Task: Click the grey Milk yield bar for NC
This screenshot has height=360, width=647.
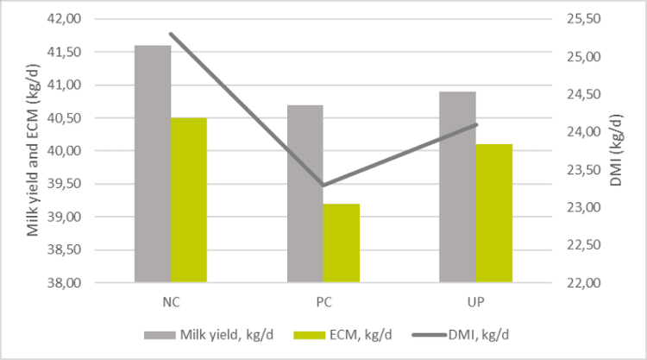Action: (x=153, y=164)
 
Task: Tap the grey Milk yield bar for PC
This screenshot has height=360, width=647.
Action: (x=305, y=193)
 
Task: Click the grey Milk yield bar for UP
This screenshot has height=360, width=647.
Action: (x=457, y=186)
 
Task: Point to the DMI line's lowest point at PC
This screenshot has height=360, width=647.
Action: (x=323, y=185)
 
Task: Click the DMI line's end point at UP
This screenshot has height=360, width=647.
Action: (x=476, y=125)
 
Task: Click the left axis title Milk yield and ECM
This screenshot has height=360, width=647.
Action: (x=33, y=151)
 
